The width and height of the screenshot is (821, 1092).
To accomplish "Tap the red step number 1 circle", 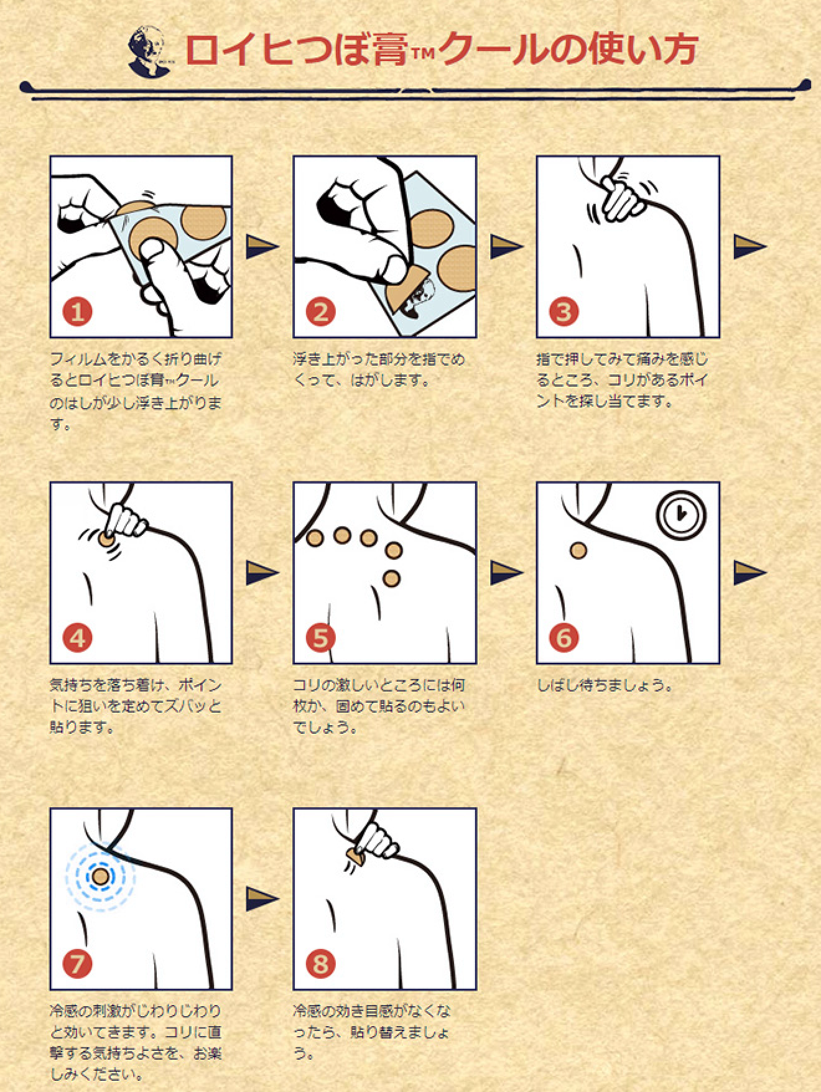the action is pyautogui.click(x=77, y=312).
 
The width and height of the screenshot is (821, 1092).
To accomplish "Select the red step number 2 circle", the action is pyautogui.click(x=320, y=312).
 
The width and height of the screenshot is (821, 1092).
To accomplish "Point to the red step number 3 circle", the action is pyautogui.click(x=564, y=312).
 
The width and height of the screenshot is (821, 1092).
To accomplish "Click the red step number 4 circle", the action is pyautogui.click(x=77, y=637).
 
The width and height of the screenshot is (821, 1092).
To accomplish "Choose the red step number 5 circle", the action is pyautogui.click(x=320, y=637).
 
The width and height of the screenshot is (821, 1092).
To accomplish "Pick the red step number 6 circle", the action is pyautogui.click(x=564, y=637).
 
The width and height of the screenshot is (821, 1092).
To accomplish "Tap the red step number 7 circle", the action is pyautogui.click(x=77, y=964).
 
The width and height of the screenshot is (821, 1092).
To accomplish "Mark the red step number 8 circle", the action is pyautogui.click(x=320, y=964).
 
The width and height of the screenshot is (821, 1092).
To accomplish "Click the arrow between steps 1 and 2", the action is pyautogui.click(x=262, y=246).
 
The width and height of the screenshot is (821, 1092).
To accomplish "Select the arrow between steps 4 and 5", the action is pyautogui.click(x=262, y=572).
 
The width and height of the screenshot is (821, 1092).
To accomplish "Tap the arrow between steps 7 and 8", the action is pyautogui.click(x=262, y=899).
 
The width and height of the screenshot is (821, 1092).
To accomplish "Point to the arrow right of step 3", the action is pyautogui.click(x=749, y=246).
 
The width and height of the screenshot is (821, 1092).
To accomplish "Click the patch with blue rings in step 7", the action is pyautogui.click(x=100, y=877).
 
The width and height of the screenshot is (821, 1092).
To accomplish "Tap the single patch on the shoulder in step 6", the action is pyautogui.click(x=578, y=550).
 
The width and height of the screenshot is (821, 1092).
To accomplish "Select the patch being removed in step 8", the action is pyautogui.click(x=355, y=858).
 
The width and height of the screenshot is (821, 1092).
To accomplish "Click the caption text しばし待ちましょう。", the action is pyautogui.click(x=605, y=686).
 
